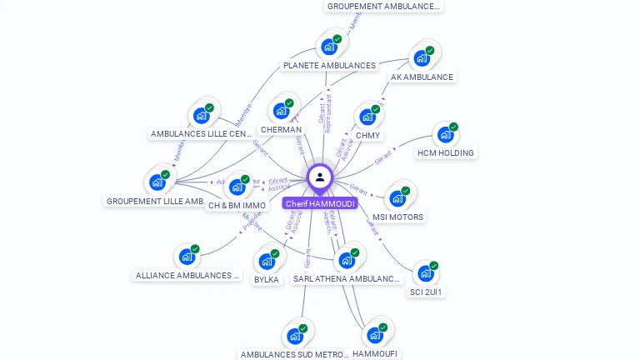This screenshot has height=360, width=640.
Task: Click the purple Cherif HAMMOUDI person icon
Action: [x=320, y=177]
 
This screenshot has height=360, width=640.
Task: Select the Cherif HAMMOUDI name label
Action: [x=320, y=203]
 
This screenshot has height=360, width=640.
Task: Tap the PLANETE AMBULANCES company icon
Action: [x=329, y=47]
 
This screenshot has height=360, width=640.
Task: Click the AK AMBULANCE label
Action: [x=422, y=77]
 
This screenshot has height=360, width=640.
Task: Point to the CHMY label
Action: [x=367, y=135]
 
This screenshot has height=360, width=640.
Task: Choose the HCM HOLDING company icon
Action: [x=446, y=135]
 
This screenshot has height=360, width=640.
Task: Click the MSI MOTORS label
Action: [x=397, y=217]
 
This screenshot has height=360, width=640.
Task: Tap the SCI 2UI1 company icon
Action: [x=426, y=273]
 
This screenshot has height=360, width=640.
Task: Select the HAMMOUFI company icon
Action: [x=375, y=335]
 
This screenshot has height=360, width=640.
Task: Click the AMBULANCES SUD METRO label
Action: [x=294, y=354]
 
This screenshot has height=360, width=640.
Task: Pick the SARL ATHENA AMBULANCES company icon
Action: [x=347, y=260]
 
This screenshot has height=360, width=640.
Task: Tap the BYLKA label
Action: [x=267, y=280]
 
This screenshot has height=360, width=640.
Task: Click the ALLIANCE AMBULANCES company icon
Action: [x=187, y=257]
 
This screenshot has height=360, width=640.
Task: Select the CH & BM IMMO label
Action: [x=237, y=206]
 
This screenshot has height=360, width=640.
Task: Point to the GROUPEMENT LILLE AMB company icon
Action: [x=157, y=182]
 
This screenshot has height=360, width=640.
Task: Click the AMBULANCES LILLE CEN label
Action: [x=201, y=134]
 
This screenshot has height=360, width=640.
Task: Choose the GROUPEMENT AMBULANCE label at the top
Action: [x=383, y=7]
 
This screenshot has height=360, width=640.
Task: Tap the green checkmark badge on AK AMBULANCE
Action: [x=430, y=51]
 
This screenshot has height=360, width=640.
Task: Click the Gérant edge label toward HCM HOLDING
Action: [x=383, y=157]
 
